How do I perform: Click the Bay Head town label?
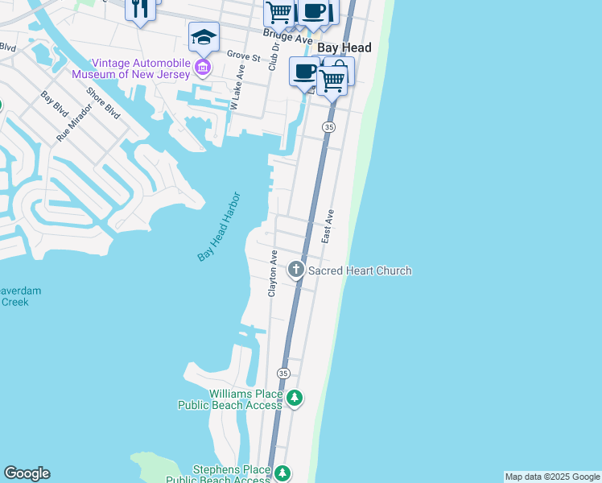(x=344, y=48)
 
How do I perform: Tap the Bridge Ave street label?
(x=287, y=38)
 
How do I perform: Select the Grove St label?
(x=243, y=57)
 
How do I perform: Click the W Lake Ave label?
(x=237, y=91)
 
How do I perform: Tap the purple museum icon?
(x=203, y=65)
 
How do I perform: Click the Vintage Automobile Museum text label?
(x=142, y=69)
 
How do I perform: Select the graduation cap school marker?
(x=204, y=37)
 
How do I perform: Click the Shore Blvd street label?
(x=103, y=103)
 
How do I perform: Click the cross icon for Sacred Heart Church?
(x=296, y=270)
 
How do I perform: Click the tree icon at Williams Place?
(x=295, y=398)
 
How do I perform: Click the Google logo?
(x=27, y=473)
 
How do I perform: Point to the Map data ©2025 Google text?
(x=552, y=477)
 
